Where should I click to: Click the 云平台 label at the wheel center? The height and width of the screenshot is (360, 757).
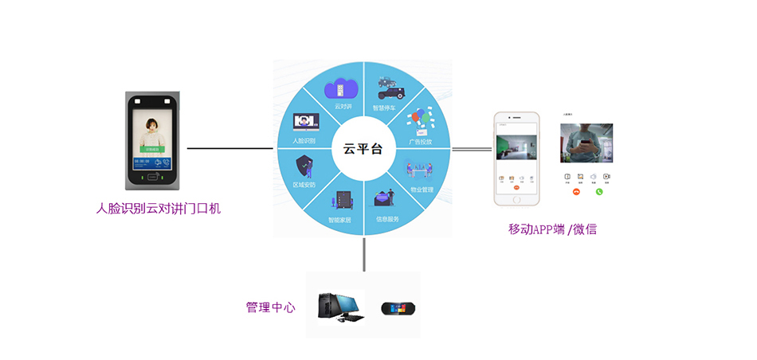(363, 148)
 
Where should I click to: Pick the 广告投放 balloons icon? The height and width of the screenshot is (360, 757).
(419, 121)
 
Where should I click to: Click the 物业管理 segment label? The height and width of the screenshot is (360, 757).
(422, 190)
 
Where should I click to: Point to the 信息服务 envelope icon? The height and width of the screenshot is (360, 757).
(386, 199)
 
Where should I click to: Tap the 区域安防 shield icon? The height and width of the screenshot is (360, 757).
(305, 168)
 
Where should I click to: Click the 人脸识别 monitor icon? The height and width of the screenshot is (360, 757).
(306, 122)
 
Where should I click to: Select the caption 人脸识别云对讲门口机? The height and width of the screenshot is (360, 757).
(158, 209)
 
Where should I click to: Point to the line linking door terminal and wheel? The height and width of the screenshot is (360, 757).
(229, 148)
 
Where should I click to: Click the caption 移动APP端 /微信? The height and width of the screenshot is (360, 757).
(552, 229)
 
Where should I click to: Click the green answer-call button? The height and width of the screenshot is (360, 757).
(599, 191)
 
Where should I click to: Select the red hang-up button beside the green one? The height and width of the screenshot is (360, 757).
(576, 191)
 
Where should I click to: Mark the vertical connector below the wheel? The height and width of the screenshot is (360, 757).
(363, 254)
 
